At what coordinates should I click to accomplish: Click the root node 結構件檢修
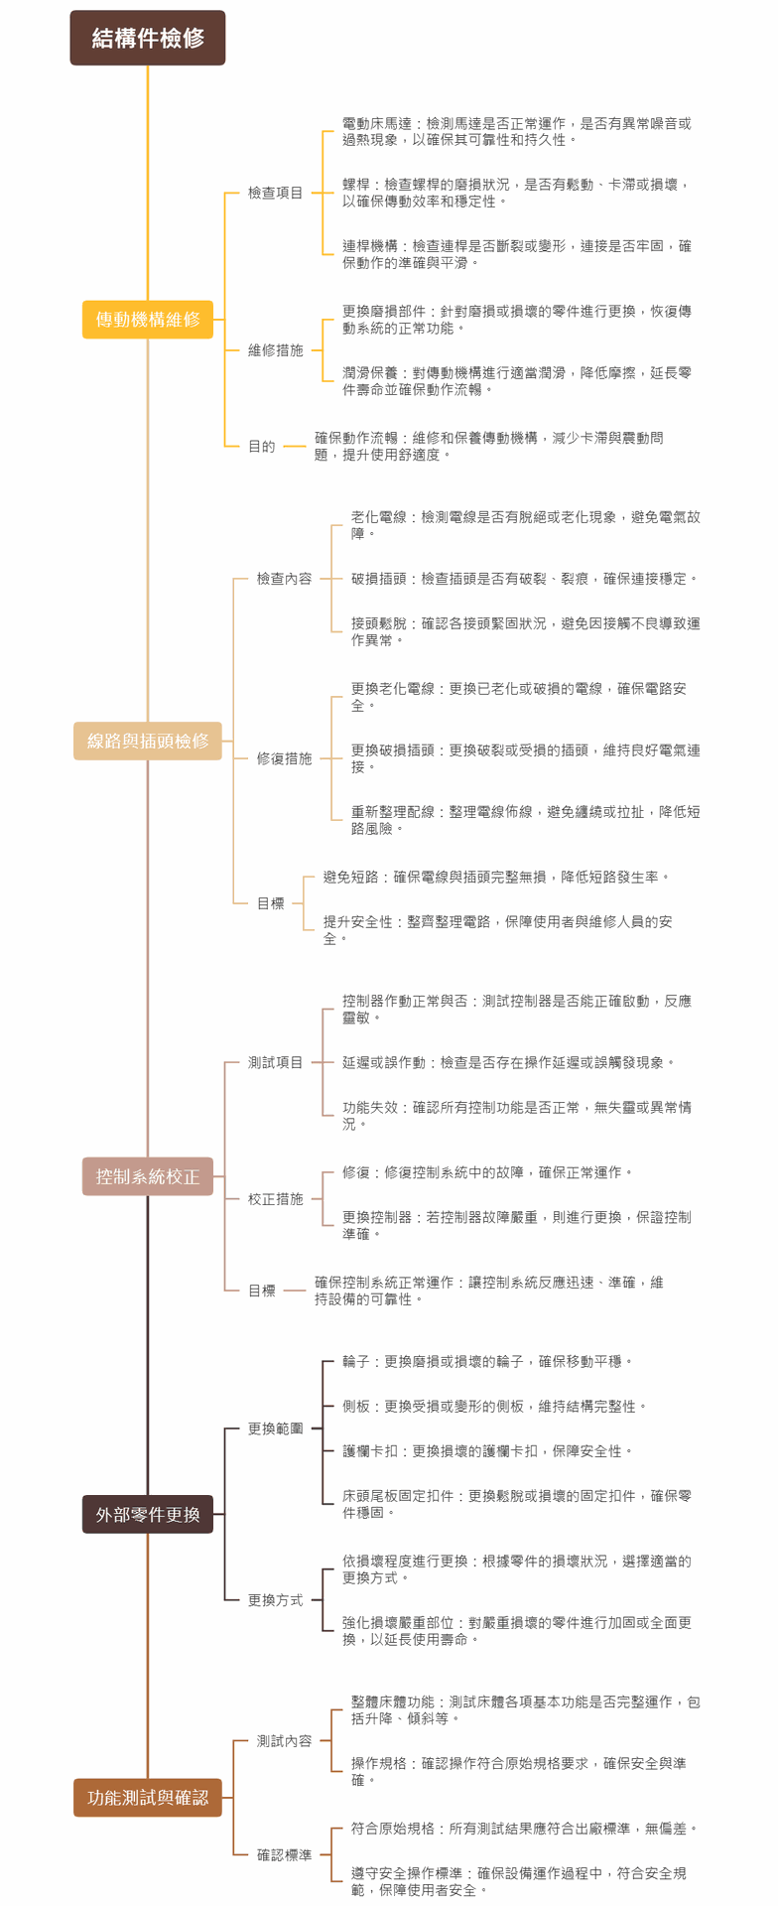[x=148, y=38]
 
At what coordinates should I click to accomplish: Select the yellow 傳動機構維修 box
[x=148, y=320]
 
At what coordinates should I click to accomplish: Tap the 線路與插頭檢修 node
[x=148, y=741]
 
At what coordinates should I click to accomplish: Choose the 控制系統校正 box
[x=148, y=1176]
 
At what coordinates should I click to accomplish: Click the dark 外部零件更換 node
[x=148, y=1514]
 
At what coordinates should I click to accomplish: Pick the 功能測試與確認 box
[x=148, y=1798]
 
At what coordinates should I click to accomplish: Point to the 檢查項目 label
[x=275, y=193]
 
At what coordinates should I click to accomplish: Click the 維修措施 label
[x=275, y=350]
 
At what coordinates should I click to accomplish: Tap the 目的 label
[x=262, y=447]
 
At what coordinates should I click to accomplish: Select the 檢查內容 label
[x=284, y=579]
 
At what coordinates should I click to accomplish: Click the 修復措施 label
[x=284, y=758]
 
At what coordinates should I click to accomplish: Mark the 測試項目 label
[x=275, y=1062]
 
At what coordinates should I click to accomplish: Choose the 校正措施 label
[x=275, y=1199]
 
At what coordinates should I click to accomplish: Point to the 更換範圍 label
[x=275, y=1429]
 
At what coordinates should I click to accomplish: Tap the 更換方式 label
[x=275, y=1600]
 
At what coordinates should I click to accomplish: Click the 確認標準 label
[x=284, y=1854]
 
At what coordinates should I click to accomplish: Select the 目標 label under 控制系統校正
[x=262, y=1291]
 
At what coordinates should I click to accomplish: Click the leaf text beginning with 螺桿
[x=516, y=193]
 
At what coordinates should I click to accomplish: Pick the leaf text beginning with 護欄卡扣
[x=487, y=1451]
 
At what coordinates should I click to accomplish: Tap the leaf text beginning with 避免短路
[x=496, y=878]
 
